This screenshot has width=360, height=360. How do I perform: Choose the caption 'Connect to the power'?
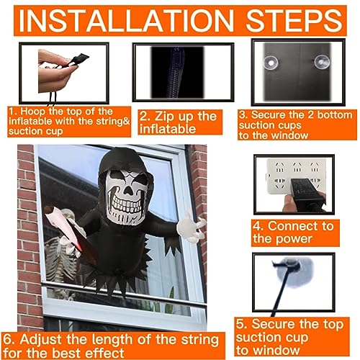[x=294, y=232]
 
